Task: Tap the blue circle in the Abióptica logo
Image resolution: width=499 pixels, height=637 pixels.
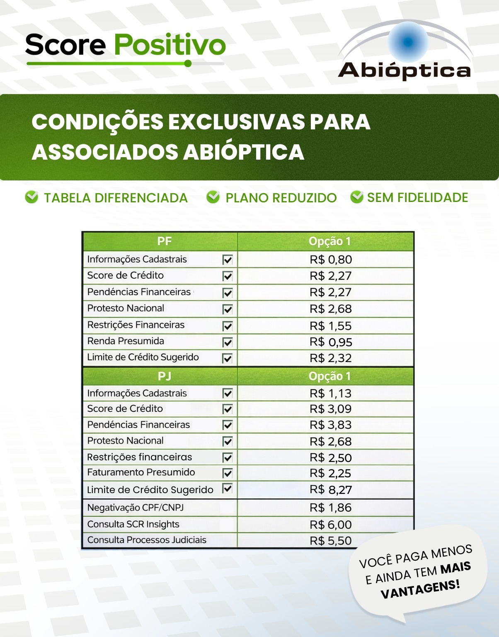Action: pyautogui.click(x=408, y=42)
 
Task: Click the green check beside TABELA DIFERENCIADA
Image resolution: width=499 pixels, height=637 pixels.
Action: pyautogui.click(x=31, y=197)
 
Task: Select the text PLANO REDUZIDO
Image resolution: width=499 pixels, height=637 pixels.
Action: pyautogui.click(x=281, y=198)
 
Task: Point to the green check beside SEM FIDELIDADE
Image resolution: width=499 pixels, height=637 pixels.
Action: pyautogui.click(x=356, y=197)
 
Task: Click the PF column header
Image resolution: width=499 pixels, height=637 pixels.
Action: pyautogui.click(x=164, y=241)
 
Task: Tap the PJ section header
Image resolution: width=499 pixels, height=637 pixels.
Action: pyautogui.click(x=164, y=376)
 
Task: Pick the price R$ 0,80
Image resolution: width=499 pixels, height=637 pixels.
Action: pyautogui.click(x=331, y=260)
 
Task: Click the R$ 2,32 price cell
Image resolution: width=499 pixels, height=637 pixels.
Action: pyautogui.click(x=331, y=358)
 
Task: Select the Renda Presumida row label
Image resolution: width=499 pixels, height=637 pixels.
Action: pyautogui.click(x=126, y=341)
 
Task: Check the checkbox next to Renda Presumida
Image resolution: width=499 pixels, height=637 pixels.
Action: pyautogui.click(x=228, y=342)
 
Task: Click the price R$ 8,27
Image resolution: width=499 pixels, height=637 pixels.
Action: pyautogui.click(x=331, y=490)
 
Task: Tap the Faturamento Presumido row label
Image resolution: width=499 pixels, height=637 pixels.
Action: pyautogui.click(x=141, y=472)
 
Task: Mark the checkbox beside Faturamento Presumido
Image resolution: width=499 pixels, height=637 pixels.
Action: pyautogui.click(x=228, y=473)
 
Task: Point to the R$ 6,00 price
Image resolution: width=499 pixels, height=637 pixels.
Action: pyautogui.click(x=331, y=525)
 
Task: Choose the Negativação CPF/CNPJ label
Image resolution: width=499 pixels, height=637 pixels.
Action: pyautogui.click(x=136, y=508)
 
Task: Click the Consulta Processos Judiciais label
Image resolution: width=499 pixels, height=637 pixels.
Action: pyautogui.click(x=147, y=540)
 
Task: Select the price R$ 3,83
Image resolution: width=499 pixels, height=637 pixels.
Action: pyautogui.click(x=331, y=425)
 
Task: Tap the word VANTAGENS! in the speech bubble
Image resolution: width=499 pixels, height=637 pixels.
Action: pyautogui.click(x=420, y=590)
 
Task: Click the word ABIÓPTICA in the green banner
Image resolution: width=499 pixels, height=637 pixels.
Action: pyautogui.click(x=244, y=152)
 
